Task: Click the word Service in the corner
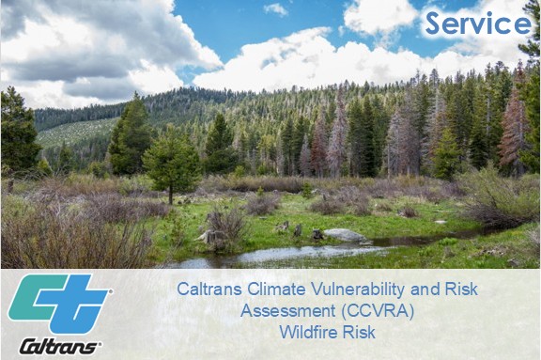[478, 23]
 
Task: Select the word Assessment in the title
[287, 310]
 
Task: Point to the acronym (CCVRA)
[377, 311]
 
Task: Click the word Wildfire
[308, 333]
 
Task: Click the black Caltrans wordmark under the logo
[59, 347]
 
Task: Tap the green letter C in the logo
[38, 297]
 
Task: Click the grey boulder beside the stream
[345, 235]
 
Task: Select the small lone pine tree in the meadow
[172, 163]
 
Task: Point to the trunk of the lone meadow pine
[170, 195]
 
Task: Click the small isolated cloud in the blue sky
[276, 9]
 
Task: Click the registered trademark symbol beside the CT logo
[111, 291]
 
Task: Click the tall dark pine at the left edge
[18, 132]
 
